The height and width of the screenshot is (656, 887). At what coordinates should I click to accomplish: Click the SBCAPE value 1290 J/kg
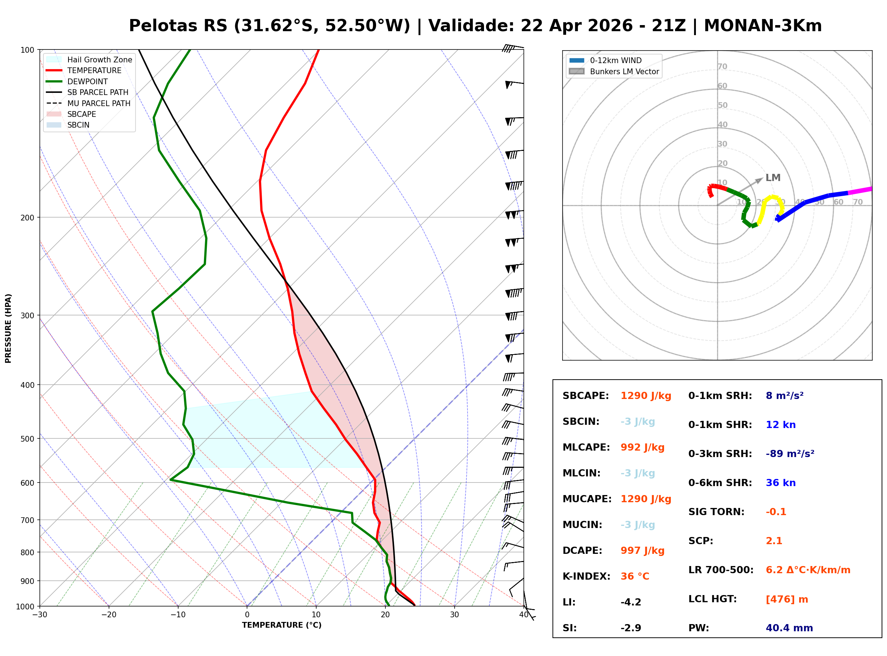point(646,396)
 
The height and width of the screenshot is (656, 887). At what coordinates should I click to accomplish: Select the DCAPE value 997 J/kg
point(642,551)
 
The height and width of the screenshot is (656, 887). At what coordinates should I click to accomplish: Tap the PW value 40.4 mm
point(789,628)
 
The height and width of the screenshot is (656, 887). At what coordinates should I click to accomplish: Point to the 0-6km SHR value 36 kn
point(781,483)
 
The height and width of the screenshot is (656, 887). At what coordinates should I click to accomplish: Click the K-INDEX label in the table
point(587,576)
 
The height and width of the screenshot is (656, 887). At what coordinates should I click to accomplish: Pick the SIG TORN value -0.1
point(776,512)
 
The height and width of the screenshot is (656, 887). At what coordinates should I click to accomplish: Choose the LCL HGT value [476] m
point(787,599)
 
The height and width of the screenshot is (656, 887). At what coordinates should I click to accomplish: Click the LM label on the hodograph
point(773,178)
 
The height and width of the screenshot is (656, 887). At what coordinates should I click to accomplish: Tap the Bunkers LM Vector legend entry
point(614,71)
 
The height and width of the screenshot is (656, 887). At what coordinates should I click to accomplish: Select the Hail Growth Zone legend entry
point(89,60)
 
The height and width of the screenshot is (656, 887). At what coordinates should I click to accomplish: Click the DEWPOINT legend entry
point(77,81)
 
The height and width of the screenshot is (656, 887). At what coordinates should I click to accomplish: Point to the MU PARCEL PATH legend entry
point(88,103)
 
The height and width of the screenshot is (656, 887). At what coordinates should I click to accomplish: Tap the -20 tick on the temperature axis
point(109,615)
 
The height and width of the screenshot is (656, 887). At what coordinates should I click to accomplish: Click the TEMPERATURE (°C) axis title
point(282,626)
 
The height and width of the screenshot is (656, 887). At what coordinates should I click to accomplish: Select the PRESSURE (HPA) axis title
point(8,328)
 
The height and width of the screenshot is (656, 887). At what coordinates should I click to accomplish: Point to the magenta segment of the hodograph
point(860,191)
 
